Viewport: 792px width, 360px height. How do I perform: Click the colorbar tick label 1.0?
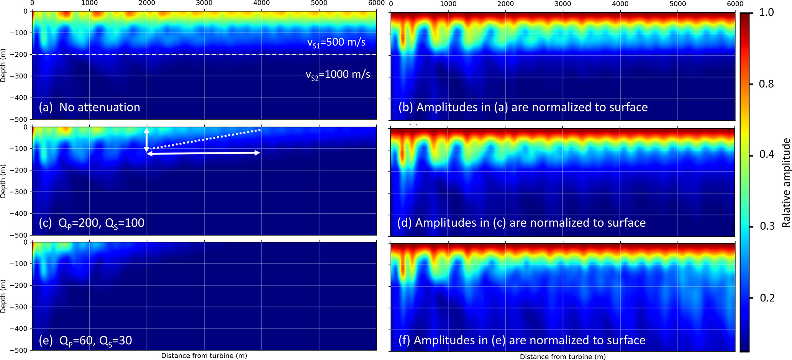(x=766, y=12)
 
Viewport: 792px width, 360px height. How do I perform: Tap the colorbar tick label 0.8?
(x=766, y=84)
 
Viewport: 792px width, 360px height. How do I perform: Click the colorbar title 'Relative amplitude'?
(x=786, y=183)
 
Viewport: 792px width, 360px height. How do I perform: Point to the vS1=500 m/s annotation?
(x=336, y=42)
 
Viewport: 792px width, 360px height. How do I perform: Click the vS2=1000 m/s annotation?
(x=338, y=75)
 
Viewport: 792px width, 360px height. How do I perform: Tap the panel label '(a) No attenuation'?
(x=89, y=107)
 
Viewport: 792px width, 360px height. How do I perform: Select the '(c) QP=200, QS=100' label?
(x=92, y=223)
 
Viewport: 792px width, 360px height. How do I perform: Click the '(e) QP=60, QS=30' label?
(x=85, y=340)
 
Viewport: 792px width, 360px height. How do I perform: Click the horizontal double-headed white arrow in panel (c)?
(x=203, y=153)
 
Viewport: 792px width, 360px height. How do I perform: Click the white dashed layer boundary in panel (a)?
(x=203, y=54)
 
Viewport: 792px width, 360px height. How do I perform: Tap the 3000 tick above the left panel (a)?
(x=204, y=3)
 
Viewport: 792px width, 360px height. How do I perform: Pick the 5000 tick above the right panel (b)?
(x=677, y=4)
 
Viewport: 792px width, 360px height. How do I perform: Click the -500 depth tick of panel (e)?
(x=21, y=350)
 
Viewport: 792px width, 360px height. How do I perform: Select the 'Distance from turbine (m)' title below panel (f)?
(x=562, y=357)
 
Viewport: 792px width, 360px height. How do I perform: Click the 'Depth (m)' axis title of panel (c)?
(x=3, y=181)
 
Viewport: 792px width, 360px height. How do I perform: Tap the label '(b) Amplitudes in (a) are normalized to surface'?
(x=523, y=107)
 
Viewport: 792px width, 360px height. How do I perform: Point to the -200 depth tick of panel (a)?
(x=21, y=54)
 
